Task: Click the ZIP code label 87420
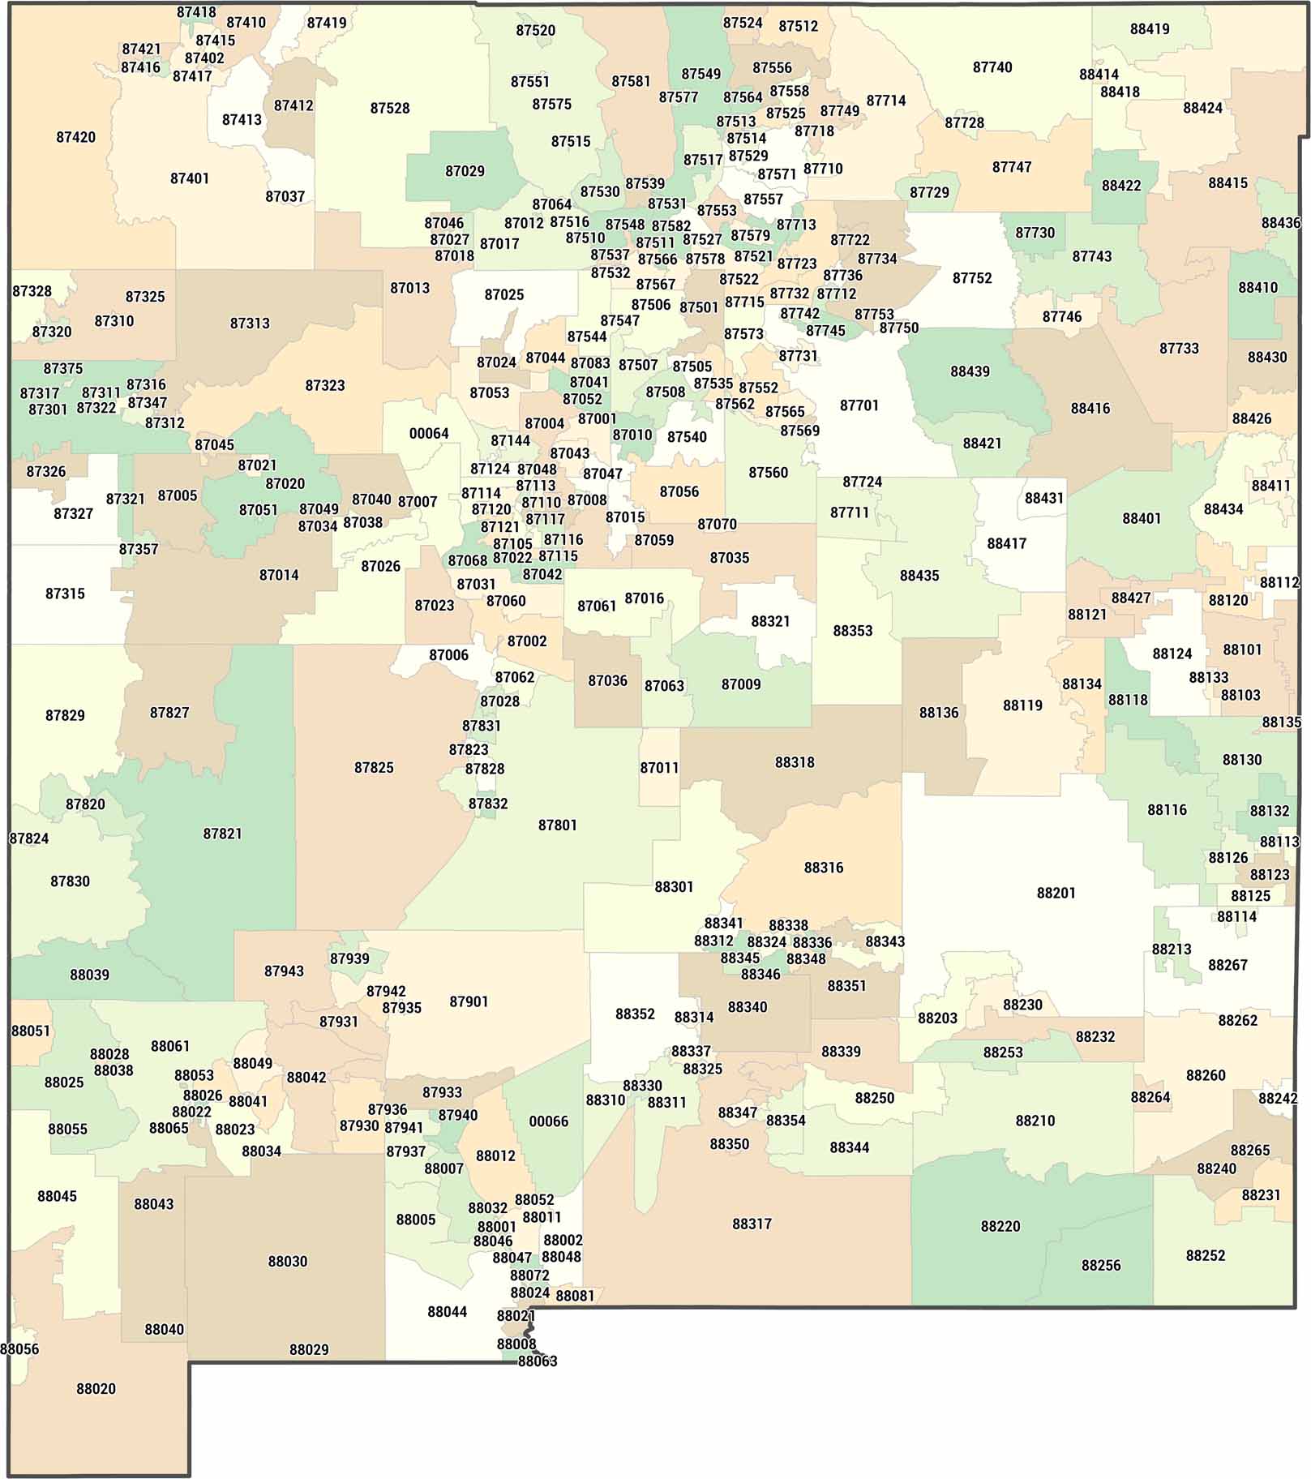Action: coord(75,137)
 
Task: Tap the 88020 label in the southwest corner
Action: coord(96,1388)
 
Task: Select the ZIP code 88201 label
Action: coord(1056,893)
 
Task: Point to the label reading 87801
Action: coord(557,825)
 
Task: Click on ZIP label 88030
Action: coord(287,1261)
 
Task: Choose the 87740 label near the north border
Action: coord(992,67)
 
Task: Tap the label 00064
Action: coord(428,433)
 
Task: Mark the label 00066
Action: coord(548,1121)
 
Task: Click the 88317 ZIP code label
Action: coord(752,1223)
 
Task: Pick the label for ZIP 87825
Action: coord(373,767)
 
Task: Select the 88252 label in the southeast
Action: coord(1205,1254)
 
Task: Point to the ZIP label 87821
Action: coord(222,833)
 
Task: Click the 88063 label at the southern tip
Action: coord(537,1361)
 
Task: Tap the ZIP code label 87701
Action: coord(859,405)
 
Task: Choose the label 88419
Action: coord(1149,29)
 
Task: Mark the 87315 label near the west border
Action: coord(65,593)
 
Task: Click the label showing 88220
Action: coord(1000,1225)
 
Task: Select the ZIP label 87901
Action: coord(469,1001)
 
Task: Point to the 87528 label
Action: coord(389,108)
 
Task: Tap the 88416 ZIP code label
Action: coord(1090,408)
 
